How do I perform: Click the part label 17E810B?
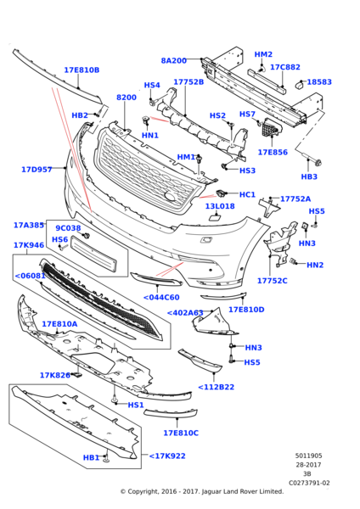coord(82,70)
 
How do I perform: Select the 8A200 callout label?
coord(174,61)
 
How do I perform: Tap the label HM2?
coord(263,54)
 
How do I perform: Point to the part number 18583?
coord(319,82)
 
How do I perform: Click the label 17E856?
coord(273,152)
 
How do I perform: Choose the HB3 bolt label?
coord(309,177)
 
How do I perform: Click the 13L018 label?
coord(220,206)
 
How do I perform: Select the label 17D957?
coord(37,170)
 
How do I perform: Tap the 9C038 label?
coord(68,228)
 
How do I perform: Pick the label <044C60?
coord(161,298)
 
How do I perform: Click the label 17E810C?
coord(181,433)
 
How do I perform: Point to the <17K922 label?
coord(167,456)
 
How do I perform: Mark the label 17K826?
coord(54,376)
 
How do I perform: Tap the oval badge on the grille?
coord(171,196)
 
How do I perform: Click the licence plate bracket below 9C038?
coord(93,255)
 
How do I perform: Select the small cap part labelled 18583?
coord(299,85)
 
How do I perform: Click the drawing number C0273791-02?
coord(309,483)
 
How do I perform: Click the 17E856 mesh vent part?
coord(272,129)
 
